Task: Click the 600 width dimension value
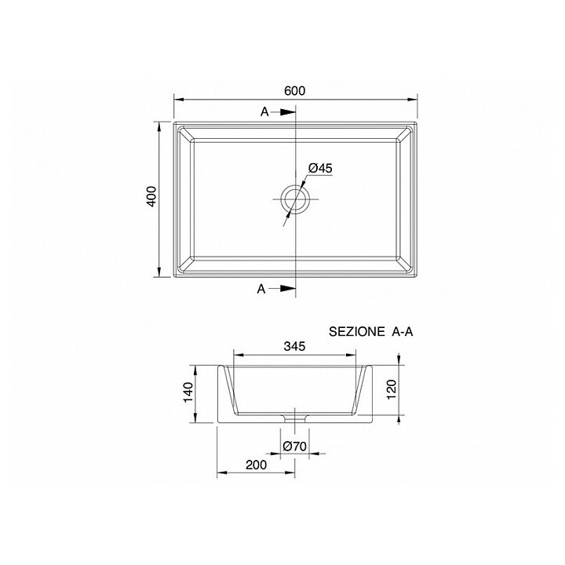click(294, 90)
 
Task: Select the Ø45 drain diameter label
click(321, 168)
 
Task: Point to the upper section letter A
click(264, 112)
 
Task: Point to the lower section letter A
click(261, 290)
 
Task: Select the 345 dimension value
click(294, 346)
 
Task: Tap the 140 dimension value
click(188, 393)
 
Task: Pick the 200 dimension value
click(256, 465)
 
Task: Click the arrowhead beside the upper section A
click(289, 112)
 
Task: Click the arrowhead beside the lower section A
click(289, 290)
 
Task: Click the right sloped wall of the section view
click(362, 388)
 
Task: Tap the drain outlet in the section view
click(294, 418)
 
